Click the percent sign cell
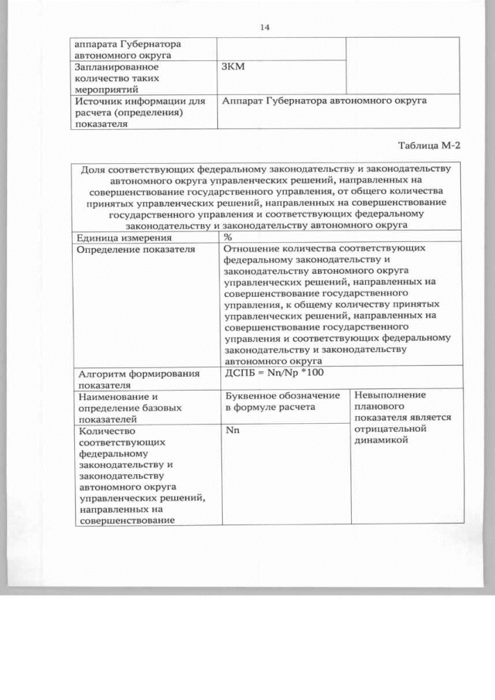[228, 237]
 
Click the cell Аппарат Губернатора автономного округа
[324, 101]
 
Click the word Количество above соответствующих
[107, 431]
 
